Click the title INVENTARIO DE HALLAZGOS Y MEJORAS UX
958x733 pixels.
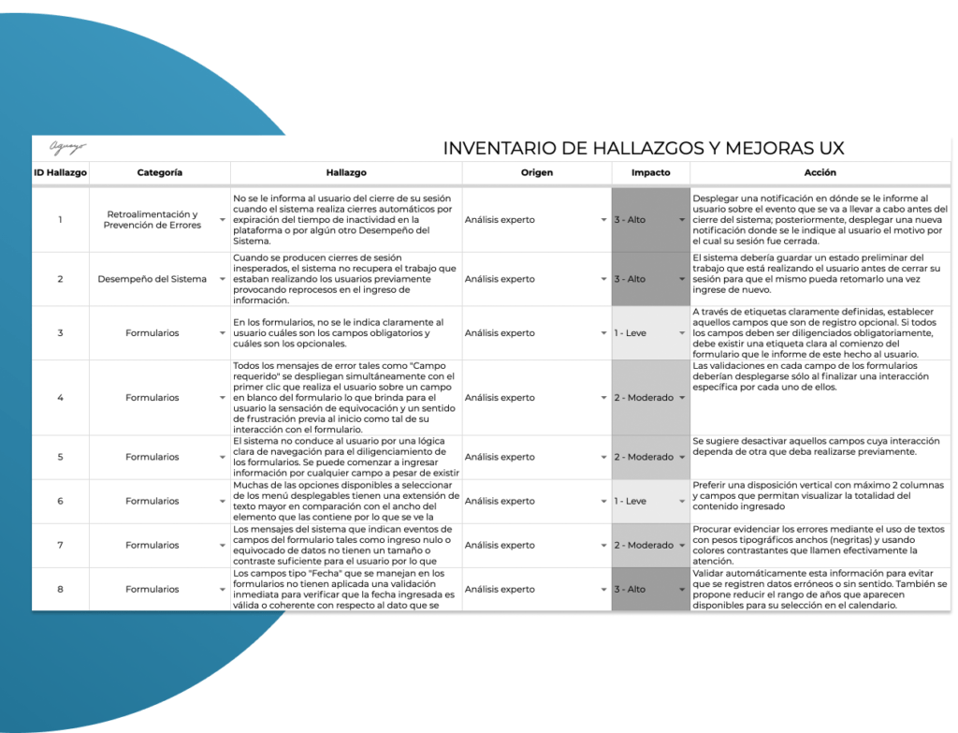(x=643, y=149)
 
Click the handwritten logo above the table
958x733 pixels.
(x=67, y=147)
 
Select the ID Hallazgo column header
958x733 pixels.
(x=60, y=173)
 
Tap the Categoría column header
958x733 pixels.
(x=159, y=173)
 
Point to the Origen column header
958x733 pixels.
(x=536, y=173)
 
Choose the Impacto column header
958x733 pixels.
(x=650, y=173)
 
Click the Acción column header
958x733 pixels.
(x=820, y=173)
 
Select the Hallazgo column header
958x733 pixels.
(x=346, y=173)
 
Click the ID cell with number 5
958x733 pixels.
(x=60, y=457)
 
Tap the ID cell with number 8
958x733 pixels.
(x=60, y=589)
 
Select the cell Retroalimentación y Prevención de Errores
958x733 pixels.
(x=152, y=220)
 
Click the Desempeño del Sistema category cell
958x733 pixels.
(x=152, y=279)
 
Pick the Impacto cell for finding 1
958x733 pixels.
(x=646, y=220)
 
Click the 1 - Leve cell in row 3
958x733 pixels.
(x=646, y=333)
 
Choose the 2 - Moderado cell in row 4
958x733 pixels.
(x=646, y=398)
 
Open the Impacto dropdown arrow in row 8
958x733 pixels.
(x=682, y=590)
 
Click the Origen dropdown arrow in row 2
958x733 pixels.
(x=603, y=280)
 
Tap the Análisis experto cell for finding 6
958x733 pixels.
(x=529, y=501)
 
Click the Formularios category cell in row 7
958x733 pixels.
(x=152, y=545)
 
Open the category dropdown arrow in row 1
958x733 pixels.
(x=222, y=221)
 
